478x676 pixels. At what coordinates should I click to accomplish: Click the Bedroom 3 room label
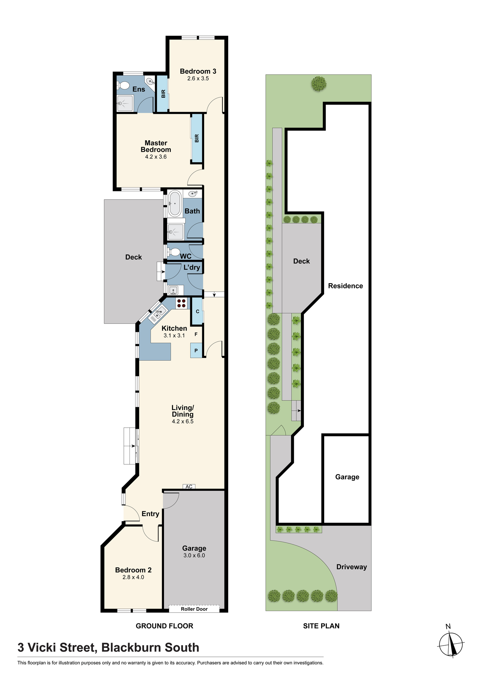tap(198, 71)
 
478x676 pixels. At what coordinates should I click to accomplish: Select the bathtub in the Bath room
tap(175, 203)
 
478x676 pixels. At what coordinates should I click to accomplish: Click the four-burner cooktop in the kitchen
tap(182, 303)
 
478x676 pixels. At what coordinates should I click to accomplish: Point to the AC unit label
tap(189, 486)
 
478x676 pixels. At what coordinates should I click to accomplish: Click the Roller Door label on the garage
tap(194, 609)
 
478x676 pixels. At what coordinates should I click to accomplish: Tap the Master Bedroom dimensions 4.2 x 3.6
tap(156, 157)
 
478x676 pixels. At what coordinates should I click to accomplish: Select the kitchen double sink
tap(158, 313)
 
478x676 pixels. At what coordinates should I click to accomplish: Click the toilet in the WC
tap(174, 252)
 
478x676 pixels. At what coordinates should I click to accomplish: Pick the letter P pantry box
tap(196, 351)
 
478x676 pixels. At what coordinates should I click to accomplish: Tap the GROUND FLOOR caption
tap(164, 626)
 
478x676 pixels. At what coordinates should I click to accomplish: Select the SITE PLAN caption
tap(321, 626)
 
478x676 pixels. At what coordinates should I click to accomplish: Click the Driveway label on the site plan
tap(352, 567)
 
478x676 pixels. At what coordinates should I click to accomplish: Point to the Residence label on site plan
tap(345, 286)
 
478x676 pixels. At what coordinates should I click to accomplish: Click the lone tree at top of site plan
tap(319, 83)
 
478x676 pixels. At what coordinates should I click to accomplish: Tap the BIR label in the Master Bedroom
tap(197, 138)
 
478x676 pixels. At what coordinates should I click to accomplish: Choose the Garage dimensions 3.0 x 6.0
tap(194, 555)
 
